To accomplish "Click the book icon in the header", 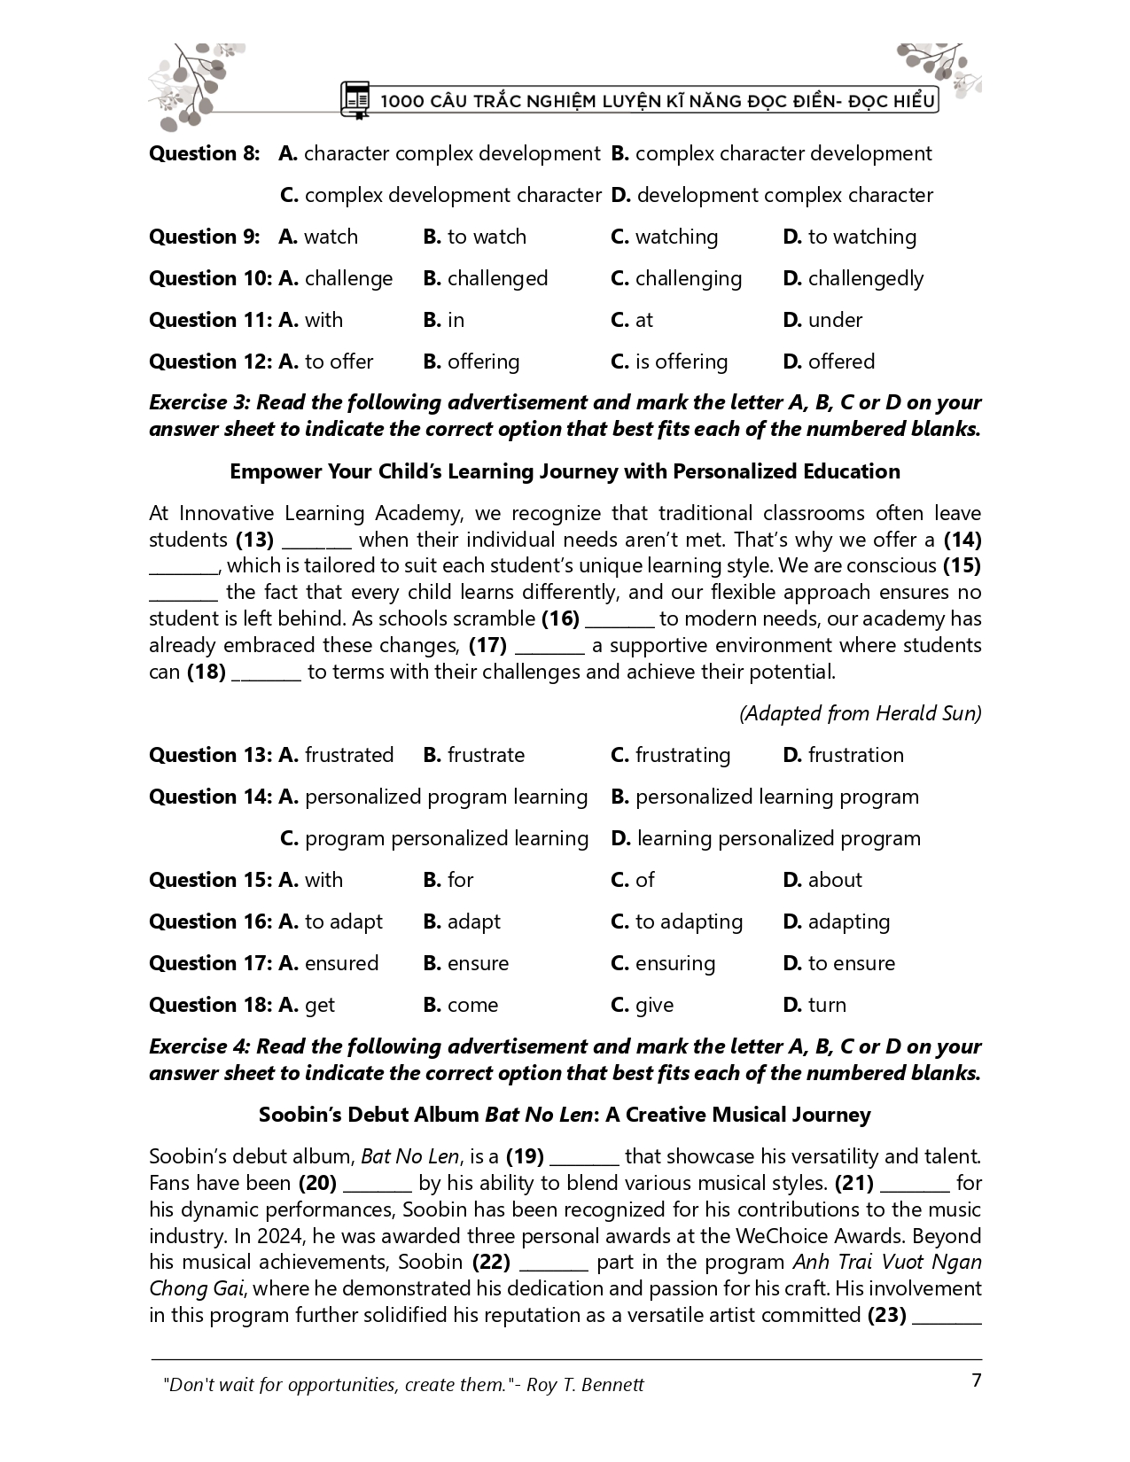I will coord(355,100).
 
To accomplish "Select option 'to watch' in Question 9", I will coord(486,237).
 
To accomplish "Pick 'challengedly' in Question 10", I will coord(865,279).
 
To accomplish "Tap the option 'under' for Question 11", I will coord(835,321).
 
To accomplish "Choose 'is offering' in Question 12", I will coord(681,362).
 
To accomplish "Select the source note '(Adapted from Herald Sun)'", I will coord(860,714).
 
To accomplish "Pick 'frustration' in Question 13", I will coord(855,756).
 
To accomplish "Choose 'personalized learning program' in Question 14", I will coord(776,797).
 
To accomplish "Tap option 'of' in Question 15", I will coord(644,881).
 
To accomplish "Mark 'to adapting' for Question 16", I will coord(689,922).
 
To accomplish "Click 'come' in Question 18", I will coord(472,1006).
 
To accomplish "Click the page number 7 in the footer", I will coord(977,1381).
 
